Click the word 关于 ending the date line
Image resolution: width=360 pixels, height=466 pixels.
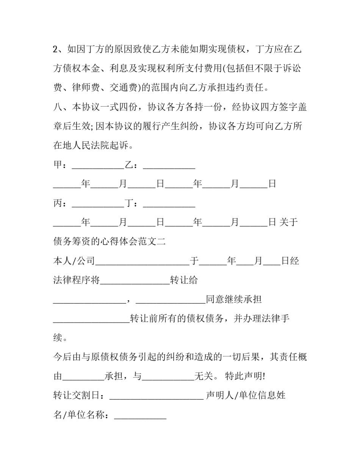(x=288, y=223)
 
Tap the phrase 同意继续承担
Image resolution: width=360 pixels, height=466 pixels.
(x=233, y=300)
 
